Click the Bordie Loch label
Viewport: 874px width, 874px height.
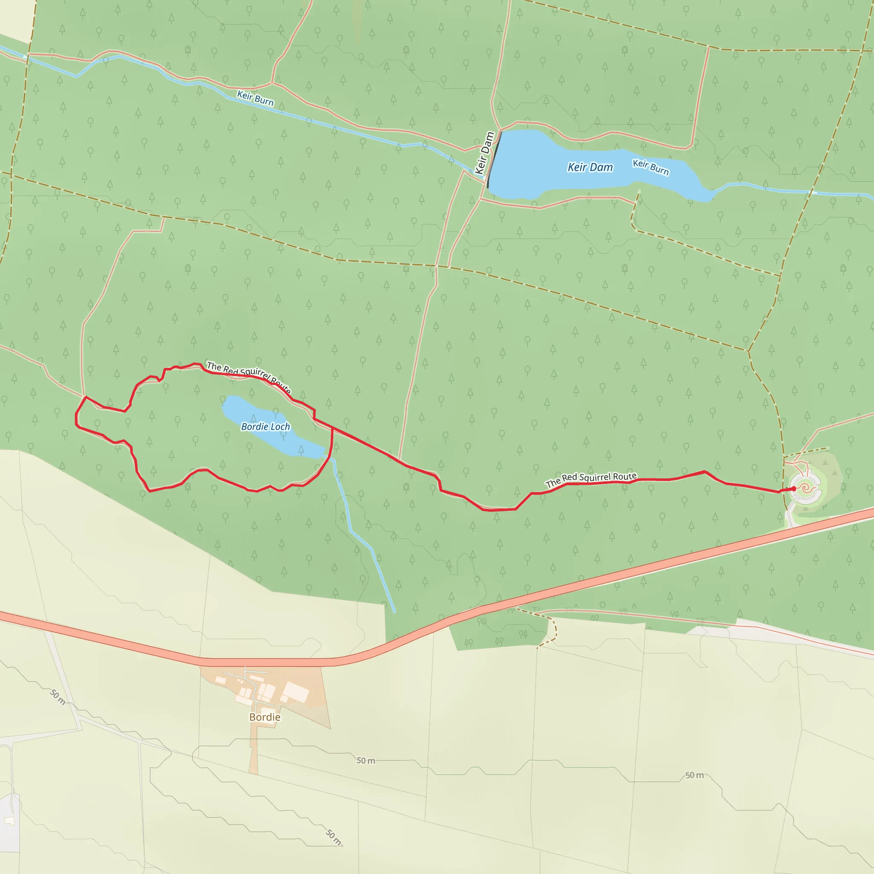(x=265, y=427)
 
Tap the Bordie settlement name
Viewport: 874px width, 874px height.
(x=265, y=717)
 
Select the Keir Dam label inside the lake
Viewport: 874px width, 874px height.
(x=590, y=167)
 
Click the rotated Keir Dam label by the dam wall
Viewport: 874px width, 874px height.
(x=484, y=153)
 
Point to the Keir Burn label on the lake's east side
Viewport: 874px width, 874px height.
(x=650, y=167)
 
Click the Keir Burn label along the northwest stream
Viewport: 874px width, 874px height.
(x=255, y=98)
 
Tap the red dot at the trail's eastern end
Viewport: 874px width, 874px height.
(x=793, y=489)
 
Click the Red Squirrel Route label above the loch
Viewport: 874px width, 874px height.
(x=249, y=377)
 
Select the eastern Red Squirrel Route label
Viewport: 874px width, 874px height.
(x=591, y=480)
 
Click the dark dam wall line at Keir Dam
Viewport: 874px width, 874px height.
(x=494, y=159)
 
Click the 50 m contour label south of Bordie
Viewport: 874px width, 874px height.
(x=366, y=760)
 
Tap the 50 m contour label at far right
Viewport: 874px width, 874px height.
(x=694, y=775)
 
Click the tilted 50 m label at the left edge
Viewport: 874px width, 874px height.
(x=58, y=696)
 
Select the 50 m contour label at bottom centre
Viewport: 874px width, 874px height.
(x=334, y=837)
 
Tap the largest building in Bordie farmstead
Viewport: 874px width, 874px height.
(x=295, y=691)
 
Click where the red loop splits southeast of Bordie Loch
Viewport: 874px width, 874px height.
(x=332, y=428)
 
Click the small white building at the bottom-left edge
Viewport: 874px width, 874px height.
(x=9, y=820)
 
